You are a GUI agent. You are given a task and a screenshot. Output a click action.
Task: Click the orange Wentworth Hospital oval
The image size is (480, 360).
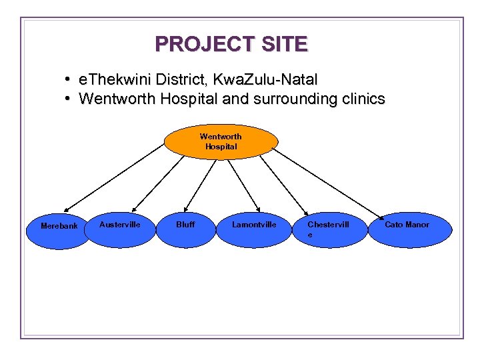pyautogui.click(x=221, y=142)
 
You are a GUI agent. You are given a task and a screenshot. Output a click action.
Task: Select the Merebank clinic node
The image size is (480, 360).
pyautogui.click(x=59, y=230)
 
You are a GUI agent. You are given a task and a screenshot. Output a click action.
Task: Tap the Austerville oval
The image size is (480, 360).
pyautogui.click(x=120, y=230)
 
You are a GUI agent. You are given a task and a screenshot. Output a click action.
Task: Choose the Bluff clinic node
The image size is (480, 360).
pyautogui.click(x=186, y=230)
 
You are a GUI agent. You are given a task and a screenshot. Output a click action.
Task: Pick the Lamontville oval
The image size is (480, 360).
pyautogui.click(x=254, y=230)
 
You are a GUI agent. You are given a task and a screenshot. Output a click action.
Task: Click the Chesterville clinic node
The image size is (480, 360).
pyautogui.click(x=331, y=230)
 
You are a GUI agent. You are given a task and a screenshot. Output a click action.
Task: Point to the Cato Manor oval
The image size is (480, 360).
pyautogui.click(x=409, y=230)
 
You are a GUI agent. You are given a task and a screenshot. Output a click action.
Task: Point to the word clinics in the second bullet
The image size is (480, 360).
pyautogui.click(x=361, y=99)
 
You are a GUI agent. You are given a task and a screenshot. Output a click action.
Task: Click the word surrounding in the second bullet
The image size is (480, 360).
pyautogui.click(x=297, y=99)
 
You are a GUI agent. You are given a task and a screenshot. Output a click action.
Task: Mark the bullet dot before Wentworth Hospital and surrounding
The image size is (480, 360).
pyautogui.click(x=69, y=99)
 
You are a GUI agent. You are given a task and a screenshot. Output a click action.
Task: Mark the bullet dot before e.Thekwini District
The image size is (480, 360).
pyautogui.click(x=69, y=80)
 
